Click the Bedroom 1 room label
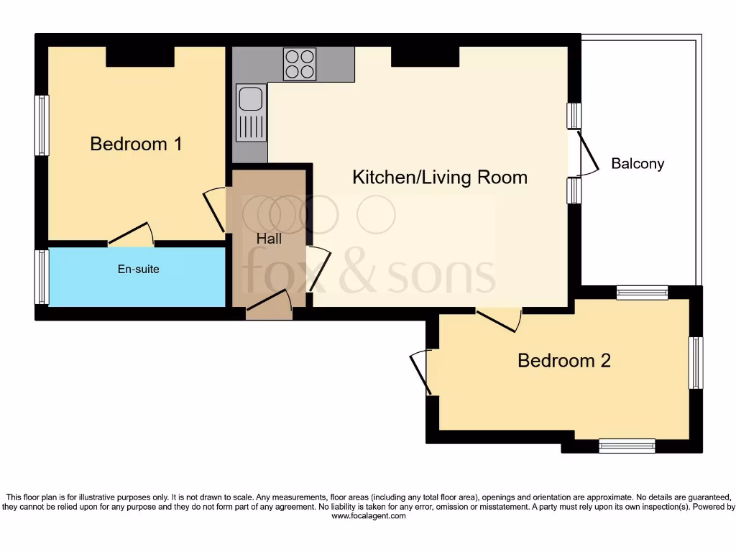tap(136, 144)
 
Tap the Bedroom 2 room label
tap(564, 360)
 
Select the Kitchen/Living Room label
tap(440, 178)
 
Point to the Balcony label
tap(638, 164)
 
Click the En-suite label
tap(138, 270)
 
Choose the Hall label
tap(270, 239)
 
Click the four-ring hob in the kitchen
tap(300, 63)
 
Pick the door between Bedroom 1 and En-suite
tap(131, 234)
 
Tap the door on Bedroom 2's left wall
tap(421, 372)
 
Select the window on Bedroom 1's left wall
tap(42, 126)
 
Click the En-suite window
tap(42, 277)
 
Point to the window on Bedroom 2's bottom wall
tap(627, 446)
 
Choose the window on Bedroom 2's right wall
tap(695, 363)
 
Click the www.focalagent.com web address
tap(368, 516)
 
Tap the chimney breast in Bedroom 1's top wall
tap(140, 57)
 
